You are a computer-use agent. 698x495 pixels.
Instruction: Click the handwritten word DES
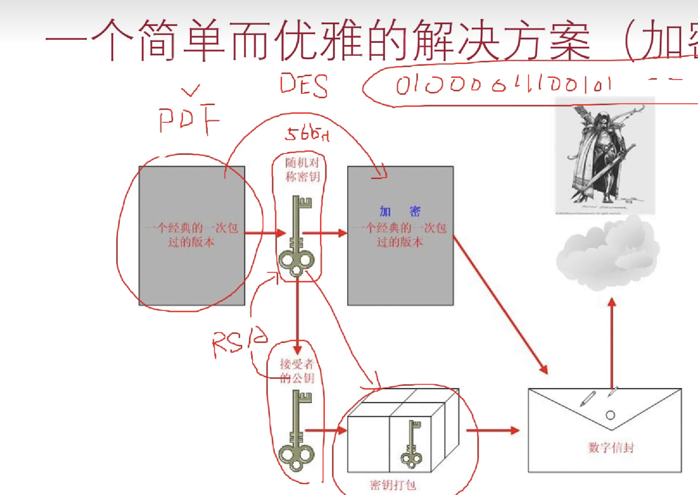[x=304, y=85]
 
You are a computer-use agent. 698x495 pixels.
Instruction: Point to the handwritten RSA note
[x=239, y=342]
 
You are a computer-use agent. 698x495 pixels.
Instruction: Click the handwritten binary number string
[x=504, y=85]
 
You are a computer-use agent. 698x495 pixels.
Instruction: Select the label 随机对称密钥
[x=302, y=170]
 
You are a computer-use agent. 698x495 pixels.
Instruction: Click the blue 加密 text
[x=400, y=212]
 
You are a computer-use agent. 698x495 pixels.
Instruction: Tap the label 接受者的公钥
[x=297, y=371]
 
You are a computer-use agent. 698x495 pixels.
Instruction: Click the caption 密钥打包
[x=393, y=485]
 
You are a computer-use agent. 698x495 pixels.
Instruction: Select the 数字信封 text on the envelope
[x=611, y=447]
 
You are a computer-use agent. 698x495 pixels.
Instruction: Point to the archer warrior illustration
[x=605, y=156]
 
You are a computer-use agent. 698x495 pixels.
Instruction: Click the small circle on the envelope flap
[x=610, y=415]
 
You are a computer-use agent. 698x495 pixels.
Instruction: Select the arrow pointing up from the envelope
[x=611, y=342]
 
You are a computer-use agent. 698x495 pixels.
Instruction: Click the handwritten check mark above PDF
[x=190, y=90]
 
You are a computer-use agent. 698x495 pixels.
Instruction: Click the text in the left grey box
[x=191, y=235]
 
